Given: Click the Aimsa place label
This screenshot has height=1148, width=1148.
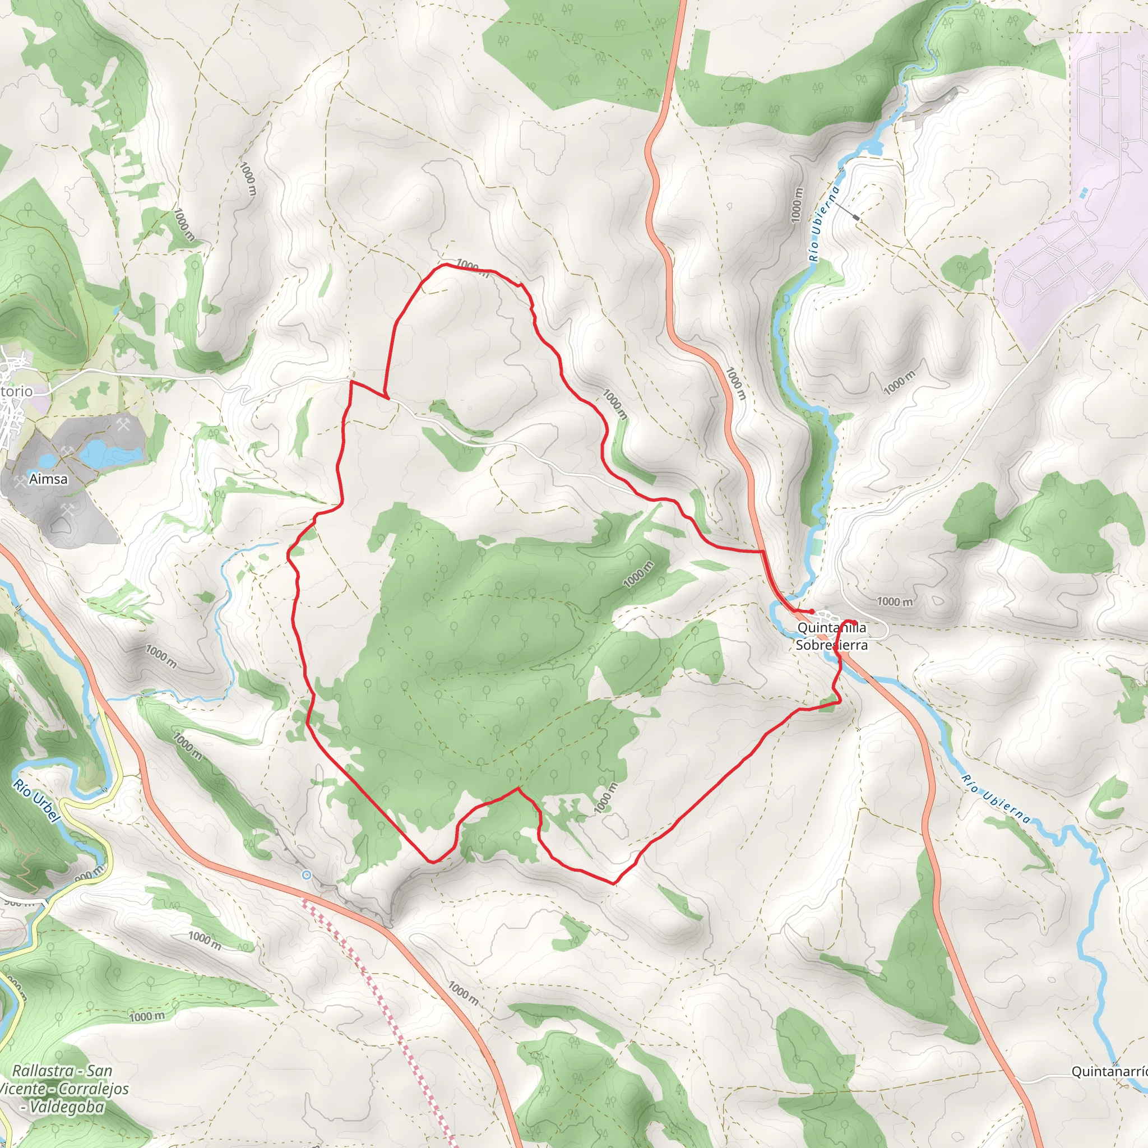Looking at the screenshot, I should [x=48, y=479].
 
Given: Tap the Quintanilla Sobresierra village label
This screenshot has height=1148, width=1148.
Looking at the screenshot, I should [x=831, y=636].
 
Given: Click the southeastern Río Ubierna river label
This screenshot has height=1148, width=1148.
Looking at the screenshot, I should [x=996, y=799].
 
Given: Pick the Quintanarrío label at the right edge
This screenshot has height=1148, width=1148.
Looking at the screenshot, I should [x=1109, y=1071].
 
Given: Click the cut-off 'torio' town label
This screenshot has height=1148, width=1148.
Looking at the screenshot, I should [x=16, y=391].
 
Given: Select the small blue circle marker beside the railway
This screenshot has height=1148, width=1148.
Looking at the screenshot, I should [x=307, y=874].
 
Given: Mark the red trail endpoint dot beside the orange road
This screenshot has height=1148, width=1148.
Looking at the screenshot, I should [x=812, y=612].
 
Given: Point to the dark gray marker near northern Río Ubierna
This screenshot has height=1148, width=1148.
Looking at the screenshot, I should [x=855, y=218].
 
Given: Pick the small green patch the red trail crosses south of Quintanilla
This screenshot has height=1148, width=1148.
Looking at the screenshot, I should [x=828, y=706].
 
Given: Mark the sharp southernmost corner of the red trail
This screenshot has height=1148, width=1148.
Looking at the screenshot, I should [x=614, y=883].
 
